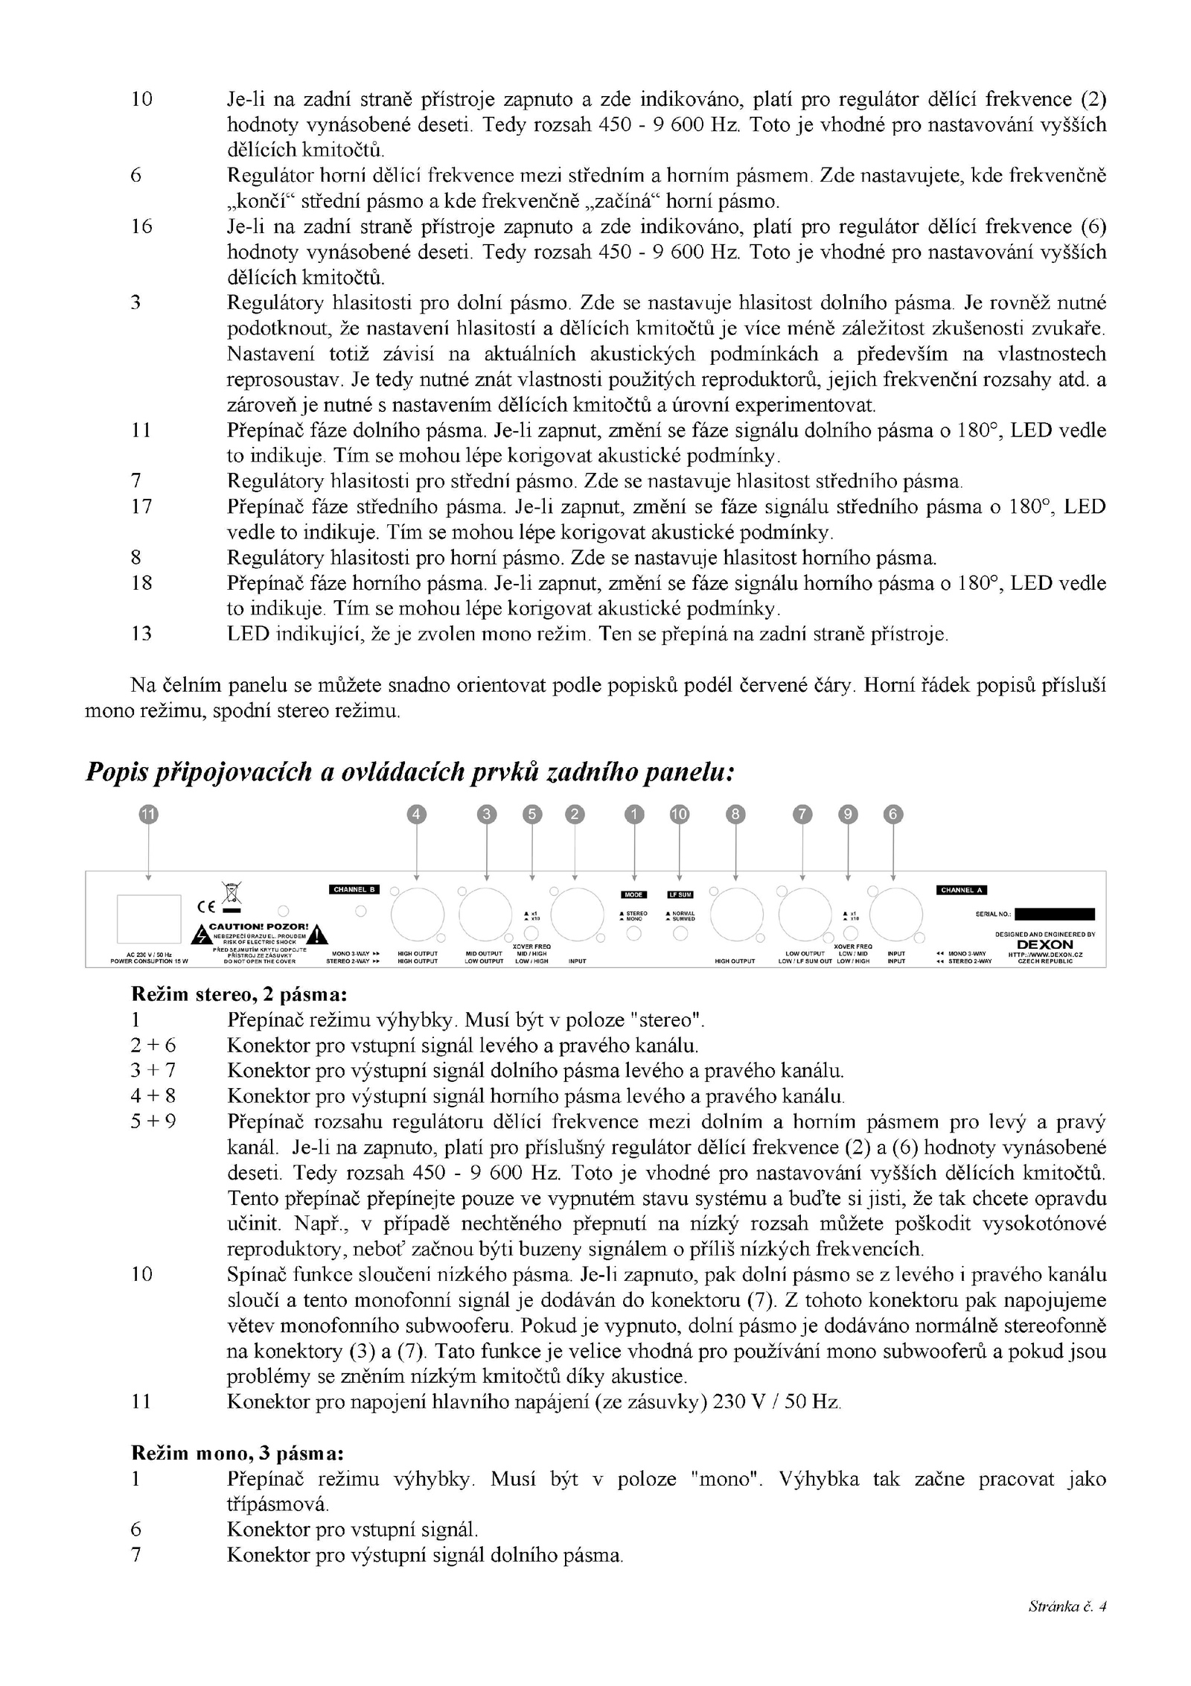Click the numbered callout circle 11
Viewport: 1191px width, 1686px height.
point(148,815)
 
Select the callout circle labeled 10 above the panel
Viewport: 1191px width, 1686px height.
point(679,815)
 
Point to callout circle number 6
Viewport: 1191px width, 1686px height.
point(893,815)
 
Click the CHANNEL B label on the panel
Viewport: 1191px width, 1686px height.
point(354,888)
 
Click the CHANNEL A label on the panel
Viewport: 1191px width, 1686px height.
point(961,890)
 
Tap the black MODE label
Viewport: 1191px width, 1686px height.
point(633,894)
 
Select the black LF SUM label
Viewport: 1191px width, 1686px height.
point(680,894)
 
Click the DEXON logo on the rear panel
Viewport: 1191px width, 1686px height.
point(1044,944)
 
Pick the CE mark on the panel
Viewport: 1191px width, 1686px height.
point(206,906)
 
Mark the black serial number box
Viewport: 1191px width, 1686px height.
point(1054,914)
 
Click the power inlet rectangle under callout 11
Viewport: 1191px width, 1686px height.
point(149,918)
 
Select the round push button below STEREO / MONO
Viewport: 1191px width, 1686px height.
point(633,935)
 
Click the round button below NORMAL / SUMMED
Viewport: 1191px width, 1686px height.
point(680,935)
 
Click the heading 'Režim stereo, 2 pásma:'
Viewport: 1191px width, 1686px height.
point(239,994)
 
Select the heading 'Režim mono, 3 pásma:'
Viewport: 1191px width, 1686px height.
point(237,1453)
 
